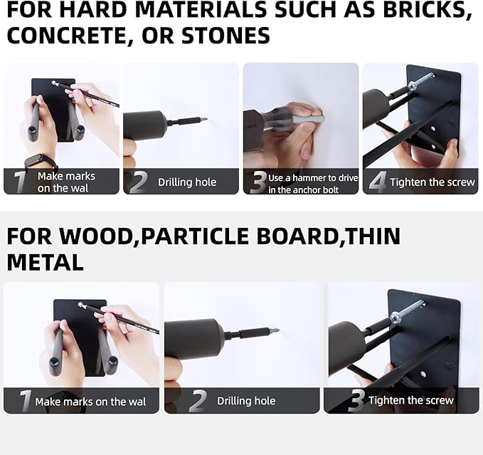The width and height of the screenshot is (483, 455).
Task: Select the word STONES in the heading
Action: (x=225, y=36)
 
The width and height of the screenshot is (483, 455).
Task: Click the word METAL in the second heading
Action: (x=45, y=262)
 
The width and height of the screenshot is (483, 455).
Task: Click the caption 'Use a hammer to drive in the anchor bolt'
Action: (x=313, y=184)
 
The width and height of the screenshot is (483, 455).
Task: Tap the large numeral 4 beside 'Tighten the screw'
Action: (x=378, y=182)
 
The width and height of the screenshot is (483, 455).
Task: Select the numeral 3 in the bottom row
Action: (x=357, y=400)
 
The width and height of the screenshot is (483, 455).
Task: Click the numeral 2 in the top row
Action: (x=139, y=182)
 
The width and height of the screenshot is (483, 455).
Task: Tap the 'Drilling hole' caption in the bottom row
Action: (x=246, y=401)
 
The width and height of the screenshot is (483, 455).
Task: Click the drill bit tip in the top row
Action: (x=205, y=120)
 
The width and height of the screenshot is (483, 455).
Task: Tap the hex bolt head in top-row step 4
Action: (x=413, y=85)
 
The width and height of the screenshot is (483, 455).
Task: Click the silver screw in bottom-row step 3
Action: (x=407, y=310)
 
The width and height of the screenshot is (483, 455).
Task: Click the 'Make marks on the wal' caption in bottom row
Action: (x=90, y=402)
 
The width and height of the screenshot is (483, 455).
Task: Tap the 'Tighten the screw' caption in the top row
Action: (x=432, y=182)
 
